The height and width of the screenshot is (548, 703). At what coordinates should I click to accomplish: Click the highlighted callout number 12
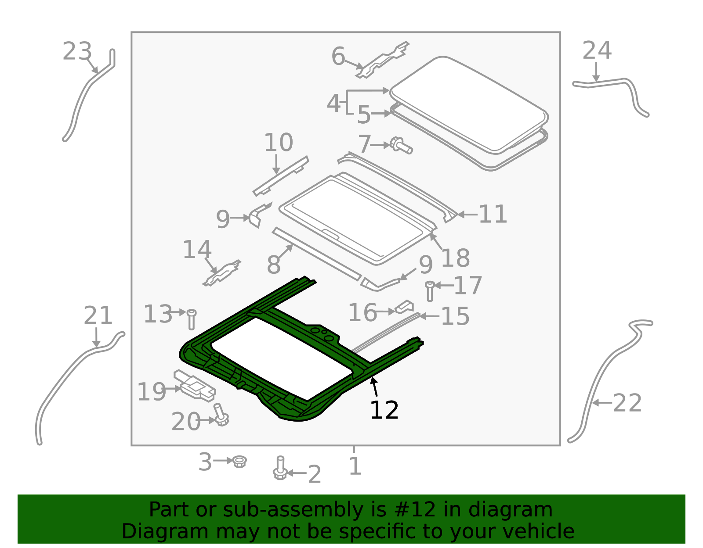click(384, 410)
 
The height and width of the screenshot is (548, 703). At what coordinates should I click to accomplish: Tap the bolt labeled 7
click(401, 146)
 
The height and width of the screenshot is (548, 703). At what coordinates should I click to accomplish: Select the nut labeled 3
click(239, 462)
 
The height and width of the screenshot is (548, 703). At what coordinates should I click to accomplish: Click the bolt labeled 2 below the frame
click(280, 468)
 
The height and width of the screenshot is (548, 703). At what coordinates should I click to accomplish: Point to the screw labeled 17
click(430, 291)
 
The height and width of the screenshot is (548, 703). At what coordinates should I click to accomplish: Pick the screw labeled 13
click(192, 319)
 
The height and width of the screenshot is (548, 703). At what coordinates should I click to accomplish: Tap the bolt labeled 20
click(221, 415)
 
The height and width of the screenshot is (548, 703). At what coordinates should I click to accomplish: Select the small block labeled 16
click(404, 307)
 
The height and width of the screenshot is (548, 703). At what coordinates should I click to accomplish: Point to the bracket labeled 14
click(222, 273)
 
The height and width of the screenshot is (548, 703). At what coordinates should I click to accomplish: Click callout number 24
click(597, 50)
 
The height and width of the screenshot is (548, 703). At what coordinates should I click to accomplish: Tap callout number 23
click(77, 51)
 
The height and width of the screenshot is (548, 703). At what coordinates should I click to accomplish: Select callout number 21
click(98, 315)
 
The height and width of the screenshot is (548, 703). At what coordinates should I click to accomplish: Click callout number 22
click(627, 403)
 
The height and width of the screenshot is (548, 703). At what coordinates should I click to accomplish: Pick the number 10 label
click(279, 143)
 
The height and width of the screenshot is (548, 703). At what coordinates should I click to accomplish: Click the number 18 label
click(455, 258)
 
